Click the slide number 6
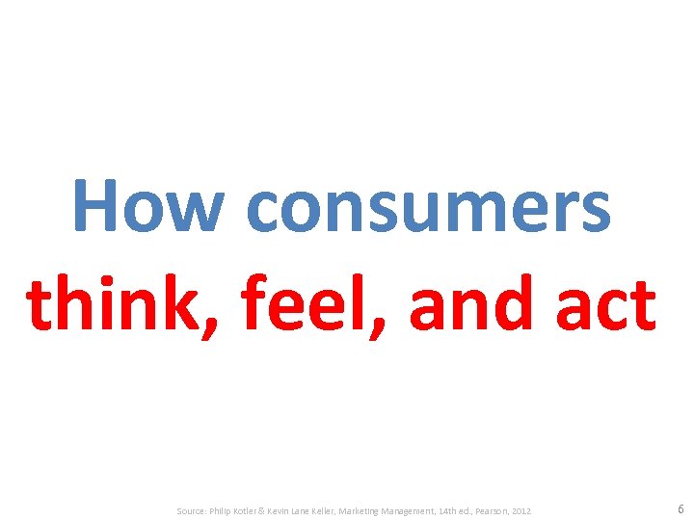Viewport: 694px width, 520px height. coord(681,508)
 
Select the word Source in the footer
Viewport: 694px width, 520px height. coord(193,510)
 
